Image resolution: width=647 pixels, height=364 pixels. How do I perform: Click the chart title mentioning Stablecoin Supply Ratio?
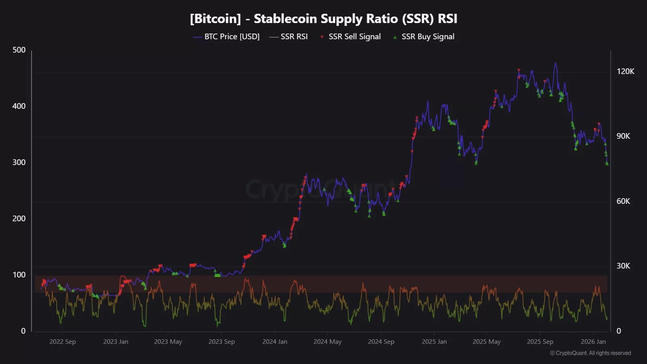pos(323,19)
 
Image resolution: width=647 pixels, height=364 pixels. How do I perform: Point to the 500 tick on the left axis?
pos(19,50)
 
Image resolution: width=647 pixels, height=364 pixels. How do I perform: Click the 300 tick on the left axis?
pos(19,162)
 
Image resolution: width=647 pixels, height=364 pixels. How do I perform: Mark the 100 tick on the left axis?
pos(19,275)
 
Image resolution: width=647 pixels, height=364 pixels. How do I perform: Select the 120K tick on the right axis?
pos(625,71)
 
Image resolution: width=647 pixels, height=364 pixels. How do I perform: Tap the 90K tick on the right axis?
pos(623,136)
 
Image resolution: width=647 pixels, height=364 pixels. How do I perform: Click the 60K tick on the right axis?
pos(623,201)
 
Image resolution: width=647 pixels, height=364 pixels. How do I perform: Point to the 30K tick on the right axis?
pos(623,266)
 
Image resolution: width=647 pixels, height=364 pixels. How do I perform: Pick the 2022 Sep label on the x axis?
pos(63,341)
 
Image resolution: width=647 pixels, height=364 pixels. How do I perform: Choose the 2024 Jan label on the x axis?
pos(275,341)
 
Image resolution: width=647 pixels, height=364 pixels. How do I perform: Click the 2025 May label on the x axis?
pos(486,341)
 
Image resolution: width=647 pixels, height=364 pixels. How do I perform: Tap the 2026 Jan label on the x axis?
pos(593,341)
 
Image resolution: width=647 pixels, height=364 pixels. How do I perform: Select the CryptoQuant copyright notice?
pos(590,353)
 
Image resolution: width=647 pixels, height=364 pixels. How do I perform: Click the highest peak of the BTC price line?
pos(555,63)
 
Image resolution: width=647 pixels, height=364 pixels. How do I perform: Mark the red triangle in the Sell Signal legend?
pos(322,37)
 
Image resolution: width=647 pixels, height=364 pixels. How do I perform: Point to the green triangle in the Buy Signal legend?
pos(395,37)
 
